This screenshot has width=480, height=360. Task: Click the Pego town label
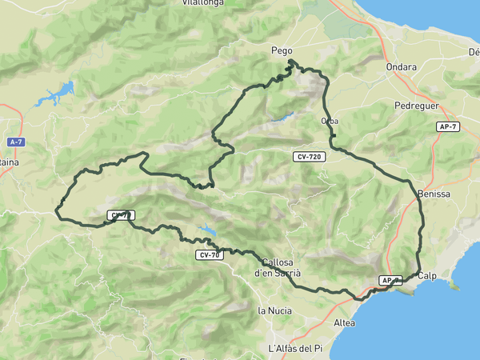tap(282, 50)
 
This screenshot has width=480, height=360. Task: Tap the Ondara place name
tap(401, 67)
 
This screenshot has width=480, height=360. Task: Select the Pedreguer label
tap(416, 106)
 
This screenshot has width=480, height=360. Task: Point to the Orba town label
tap(329, 121)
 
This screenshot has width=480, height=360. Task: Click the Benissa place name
tap(434, 194)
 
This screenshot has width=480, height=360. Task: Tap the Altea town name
tap(344, 322)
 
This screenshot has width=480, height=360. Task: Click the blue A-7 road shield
tap(16, 142)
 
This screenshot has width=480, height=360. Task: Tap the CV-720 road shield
tap(308, 157)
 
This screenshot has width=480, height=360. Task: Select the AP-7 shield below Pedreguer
tap(448, 127)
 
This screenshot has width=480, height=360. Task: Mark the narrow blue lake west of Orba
tap(282, 118)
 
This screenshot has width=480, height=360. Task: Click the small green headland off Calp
tap(454, 285)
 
